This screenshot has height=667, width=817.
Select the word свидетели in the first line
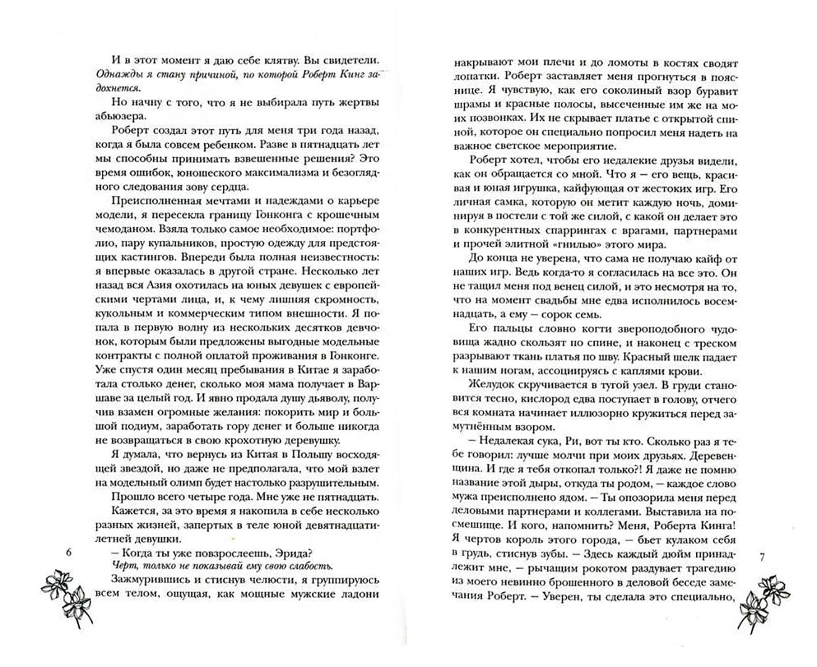[x=347, y=59]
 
